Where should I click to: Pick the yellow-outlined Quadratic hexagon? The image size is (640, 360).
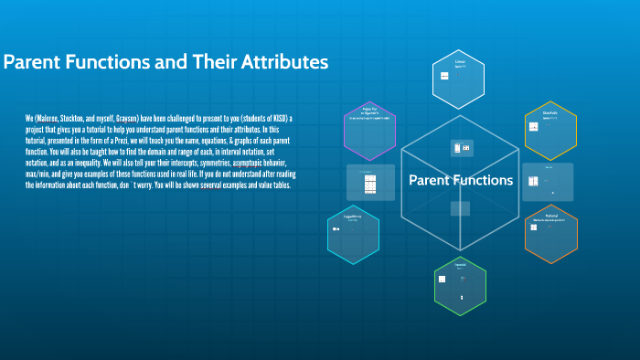550,131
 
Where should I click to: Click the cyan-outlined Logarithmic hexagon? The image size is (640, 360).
353,236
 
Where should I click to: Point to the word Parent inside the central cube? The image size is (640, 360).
428,180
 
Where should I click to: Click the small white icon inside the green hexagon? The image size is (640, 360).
443,280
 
